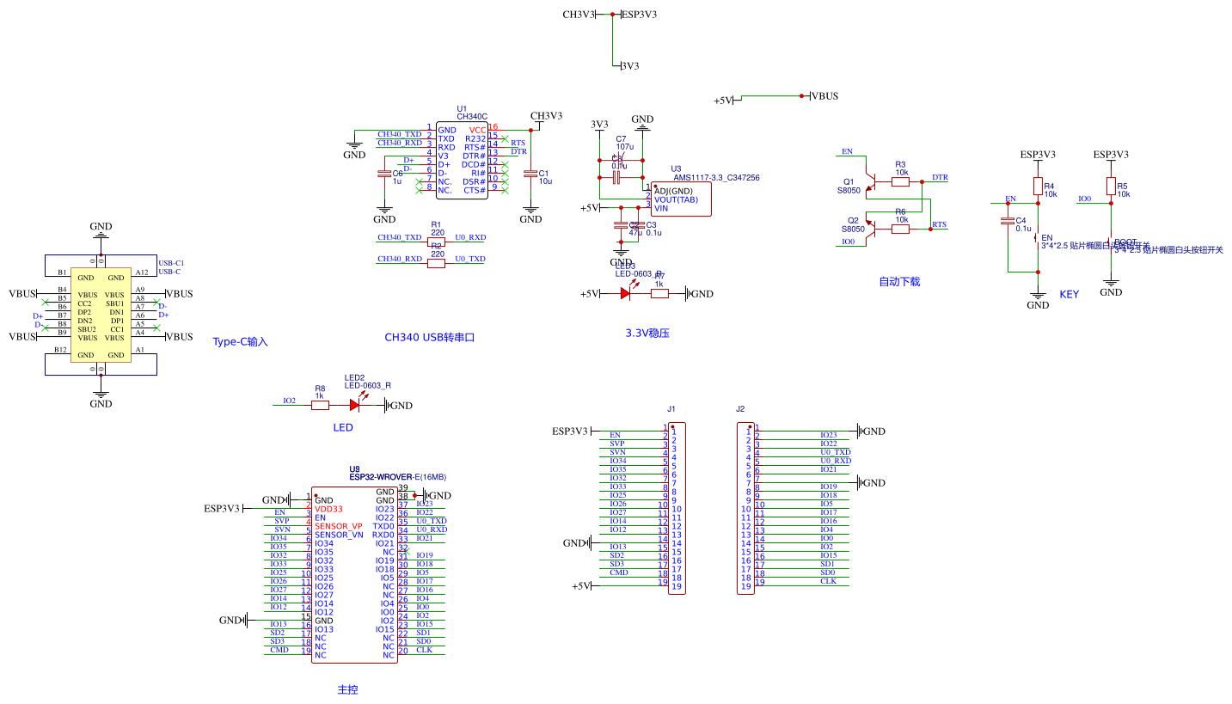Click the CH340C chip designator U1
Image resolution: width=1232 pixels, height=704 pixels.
(x=463, y=108)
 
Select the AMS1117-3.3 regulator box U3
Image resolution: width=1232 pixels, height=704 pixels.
(x=679, y=199)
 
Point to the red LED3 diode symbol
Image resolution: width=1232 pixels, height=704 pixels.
(x=626, y=293)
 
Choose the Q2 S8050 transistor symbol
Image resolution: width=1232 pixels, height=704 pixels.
(x=870, y=226)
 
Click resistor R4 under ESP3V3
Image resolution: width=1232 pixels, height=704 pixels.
(x=1038, y=187)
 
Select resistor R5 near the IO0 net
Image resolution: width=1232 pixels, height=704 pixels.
(x=1111, y=187)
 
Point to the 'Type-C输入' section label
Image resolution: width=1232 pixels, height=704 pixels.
(x=240, y=342)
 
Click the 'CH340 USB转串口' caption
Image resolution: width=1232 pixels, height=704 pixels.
(x=430, y=338)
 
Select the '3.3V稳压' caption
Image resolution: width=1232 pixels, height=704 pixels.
(x=647, y=333)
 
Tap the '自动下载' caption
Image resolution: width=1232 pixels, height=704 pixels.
(x=899, y=282)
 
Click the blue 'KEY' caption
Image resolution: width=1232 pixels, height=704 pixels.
(x=1069, y=295)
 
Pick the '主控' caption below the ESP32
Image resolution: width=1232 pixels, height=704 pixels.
(x=347, y=689)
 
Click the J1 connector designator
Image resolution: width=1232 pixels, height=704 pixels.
(x=671, y=409)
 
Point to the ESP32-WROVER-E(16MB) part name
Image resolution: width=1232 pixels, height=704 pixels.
(x=397, y=476)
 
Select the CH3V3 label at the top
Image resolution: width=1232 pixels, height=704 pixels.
(x=579, y=15)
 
